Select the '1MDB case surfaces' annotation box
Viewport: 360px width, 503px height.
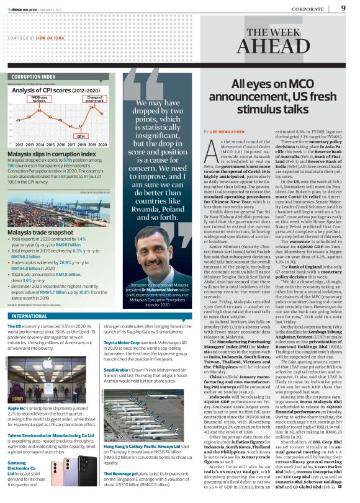(40, 99)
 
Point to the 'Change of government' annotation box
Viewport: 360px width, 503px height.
(95, 99)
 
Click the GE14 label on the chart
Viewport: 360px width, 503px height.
(81, 136)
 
